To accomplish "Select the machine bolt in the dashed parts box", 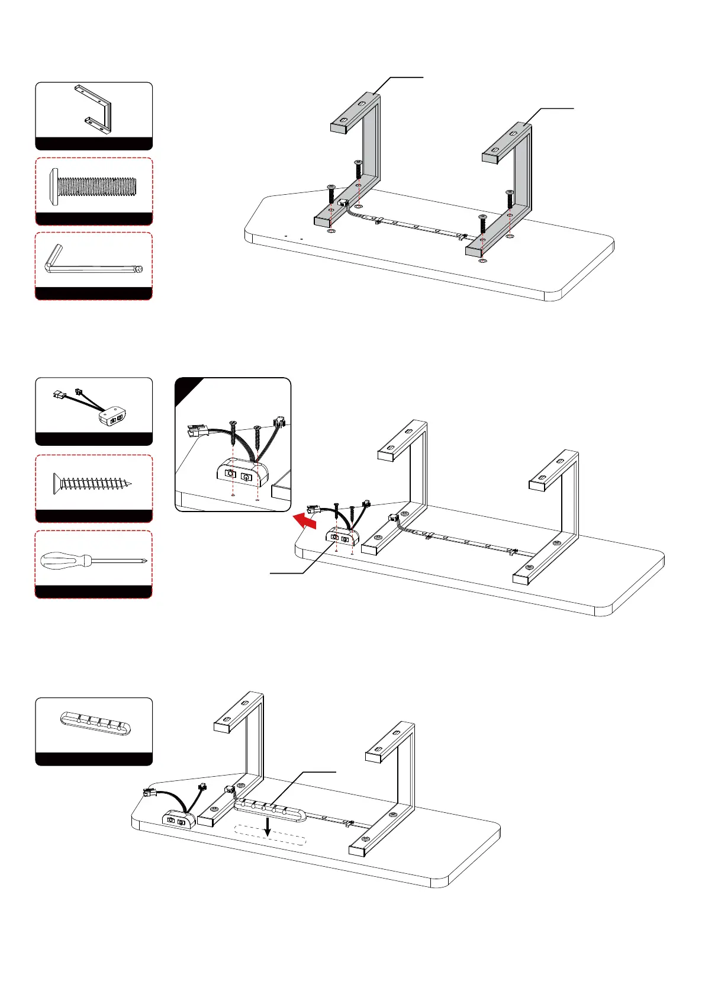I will [94, 188].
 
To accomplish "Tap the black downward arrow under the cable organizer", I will [268, 827].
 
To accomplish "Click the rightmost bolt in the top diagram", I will [510, 202].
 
